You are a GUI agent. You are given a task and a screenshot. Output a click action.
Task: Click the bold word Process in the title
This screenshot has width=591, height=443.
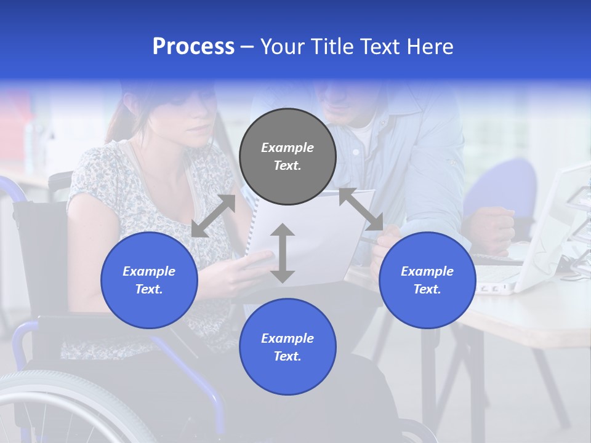pyautogui.click(x=193, y=47)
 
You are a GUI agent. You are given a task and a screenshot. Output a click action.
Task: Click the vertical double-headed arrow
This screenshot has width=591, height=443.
pyautogui.click(x=282, y=253)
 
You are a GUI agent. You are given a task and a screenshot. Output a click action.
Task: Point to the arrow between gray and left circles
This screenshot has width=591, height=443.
pyautogui.click(x=213, y=216)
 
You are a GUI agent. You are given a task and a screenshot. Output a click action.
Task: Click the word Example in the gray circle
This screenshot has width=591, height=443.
pyautogui.click(x=287, y=148)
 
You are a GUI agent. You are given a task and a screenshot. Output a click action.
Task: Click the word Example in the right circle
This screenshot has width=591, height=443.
pyautogui.click(x=427, y=271)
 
